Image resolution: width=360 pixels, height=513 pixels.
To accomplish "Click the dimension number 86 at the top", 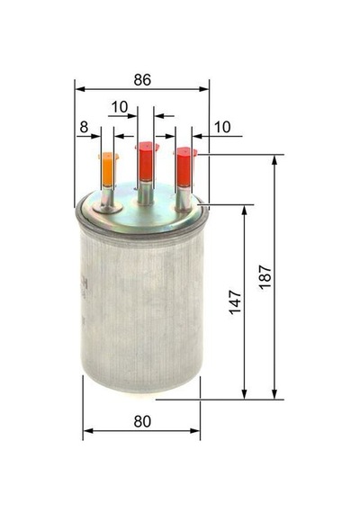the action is (142, 80).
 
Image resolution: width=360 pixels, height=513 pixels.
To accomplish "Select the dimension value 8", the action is (84, 127).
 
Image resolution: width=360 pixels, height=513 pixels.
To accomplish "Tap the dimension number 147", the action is (235, 301).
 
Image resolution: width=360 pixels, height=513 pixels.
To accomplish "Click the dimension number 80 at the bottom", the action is (142, 421).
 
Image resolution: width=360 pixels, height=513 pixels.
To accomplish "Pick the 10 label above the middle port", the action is (120, 107).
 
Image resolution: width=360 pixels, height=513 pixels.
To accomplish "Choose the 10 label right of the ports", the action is (222, 127).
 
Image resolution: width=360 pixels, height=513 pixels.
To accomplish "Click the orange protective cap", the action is (109, 169).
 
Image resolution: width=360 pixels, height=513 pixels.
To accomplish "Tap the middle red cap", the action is (147, 161).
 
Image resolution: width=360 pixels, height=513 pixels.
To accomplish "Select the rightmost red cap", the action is (184, 167).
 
